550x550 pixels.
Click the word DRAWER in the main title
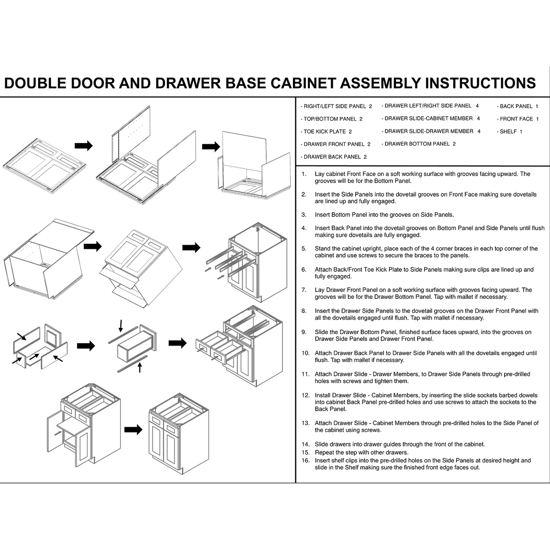pos(188,83)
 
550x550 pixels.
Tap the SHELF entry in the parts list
pos(510,132)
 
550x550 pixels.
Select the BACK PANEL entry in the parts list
pos(517,106)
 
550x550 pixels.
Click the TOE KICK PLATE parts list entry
pos(326,132)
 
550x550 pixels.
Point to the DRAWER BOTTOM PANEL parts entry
pos(418,144)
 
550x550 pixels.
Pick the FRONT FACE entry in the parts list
pos(517,119)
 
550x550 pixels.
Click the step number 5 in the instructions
pos(304,248)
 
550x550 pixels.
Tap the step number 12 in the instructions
pos(306,395)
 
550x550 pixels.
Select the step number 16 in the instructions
pos(306,460)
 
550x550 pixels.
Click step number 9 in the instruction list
pos(304,332)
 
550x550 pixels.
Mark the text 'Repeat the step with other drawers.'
pos(361,452)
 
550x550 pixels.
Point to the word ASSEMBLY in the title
pos(380,83)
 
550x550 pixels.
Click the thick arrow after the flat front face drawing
pos(83,146)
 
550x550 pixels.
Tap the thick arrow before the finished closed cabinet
pos(133,429)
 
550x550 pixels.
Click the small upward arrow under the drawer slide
pos(140,367)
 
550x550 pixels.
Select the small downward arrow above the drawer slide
pos(121,326)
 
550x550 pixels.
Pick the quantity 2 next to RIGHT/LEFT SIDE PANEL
pos(370,106)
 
